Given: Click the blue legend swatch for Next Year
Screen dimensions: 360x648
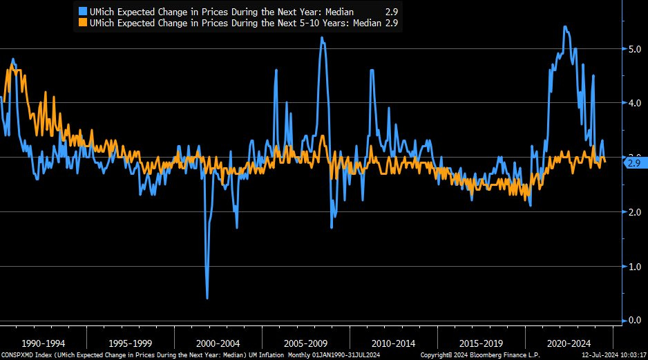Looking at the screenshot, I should (84, 12).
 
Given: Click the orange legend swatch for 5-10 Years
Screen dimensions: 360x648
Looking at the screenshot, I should (84, 23).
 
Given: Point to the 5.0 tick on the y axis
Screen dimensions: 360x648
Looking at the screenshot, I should (632, 49).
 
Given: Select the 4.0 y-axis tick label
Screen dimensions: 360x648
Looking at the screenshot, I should (632, 103).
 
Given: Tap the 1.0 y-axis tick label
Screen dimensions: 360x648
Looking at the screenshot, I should (632, 267).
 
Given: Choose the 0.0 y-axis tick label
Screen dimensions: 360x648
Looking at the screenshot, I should (632, 321).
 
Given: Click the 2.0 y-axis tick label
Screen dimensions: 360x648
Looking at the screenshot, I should (632, 212).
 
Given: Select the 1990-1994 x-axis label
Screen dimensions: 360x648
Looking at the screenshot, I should (44, 343).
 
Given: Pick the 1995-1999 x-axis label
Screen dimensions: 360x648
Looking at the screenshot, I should (131, 343).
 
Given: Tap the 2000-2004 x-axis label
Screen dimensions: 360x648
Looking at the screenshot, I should (219, 343).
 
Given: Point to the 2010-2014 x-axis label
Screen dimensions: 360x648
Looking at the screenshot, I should (394, 343).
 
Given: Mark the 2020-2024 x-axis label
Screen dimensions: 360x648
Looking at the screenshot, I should (569, 343).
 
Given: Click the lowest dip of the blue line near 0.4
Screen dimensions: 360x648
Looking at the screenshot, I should (207, 298).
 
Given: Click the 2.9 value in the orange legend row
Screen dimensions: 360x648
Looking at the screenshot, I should (392, 23).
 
